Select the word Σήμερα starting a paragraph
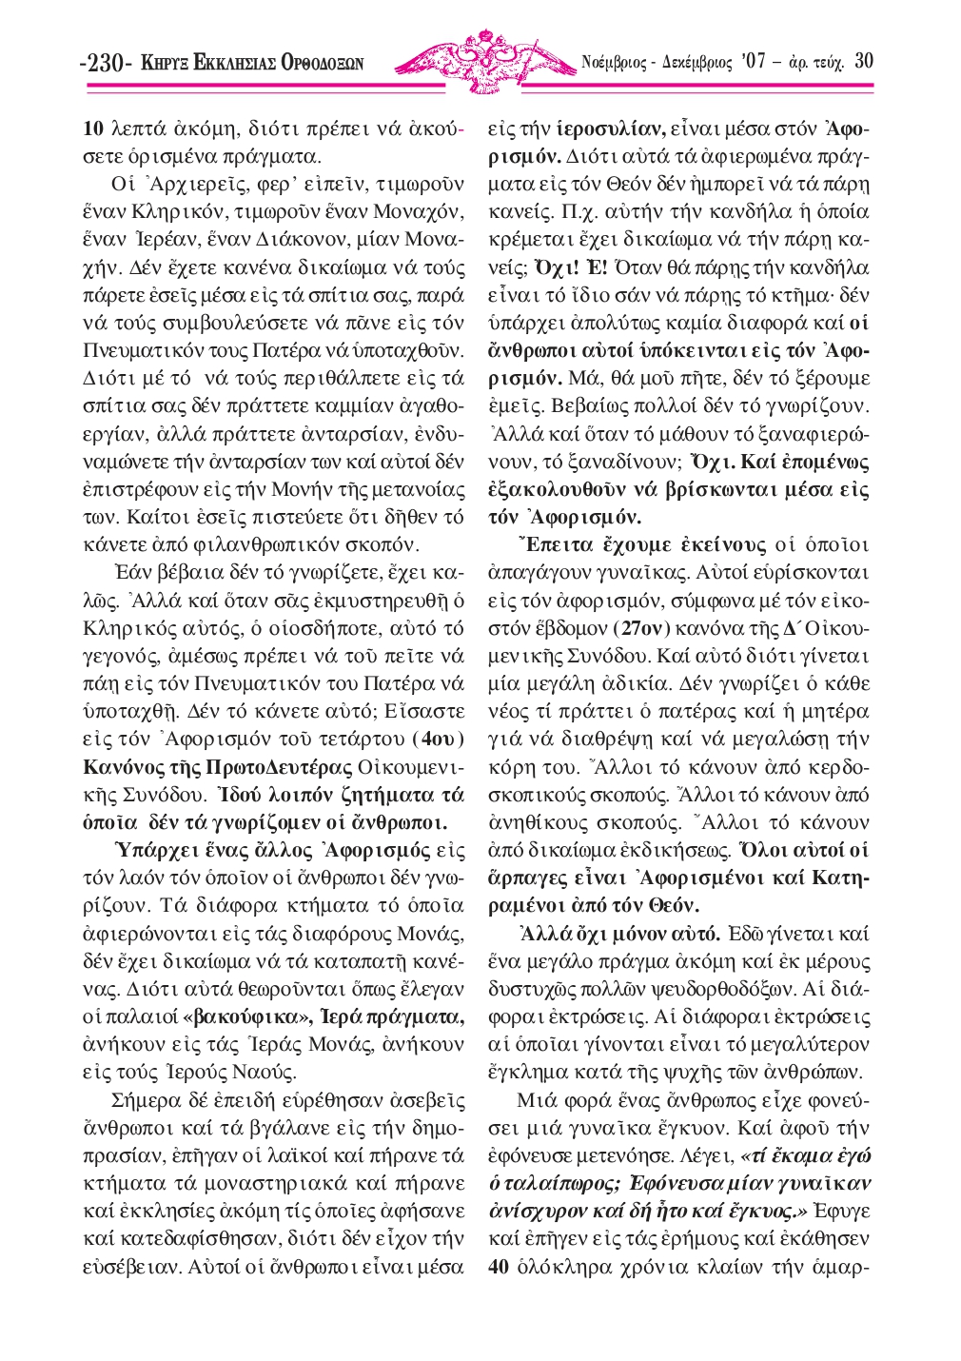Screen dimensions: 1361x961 point(143,1100)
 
